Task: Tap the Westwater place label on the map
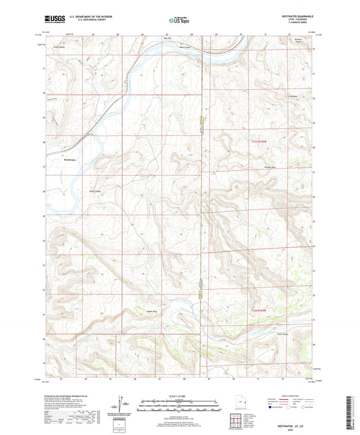[70, 159]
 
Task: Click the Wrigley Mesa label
[272, 165]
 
